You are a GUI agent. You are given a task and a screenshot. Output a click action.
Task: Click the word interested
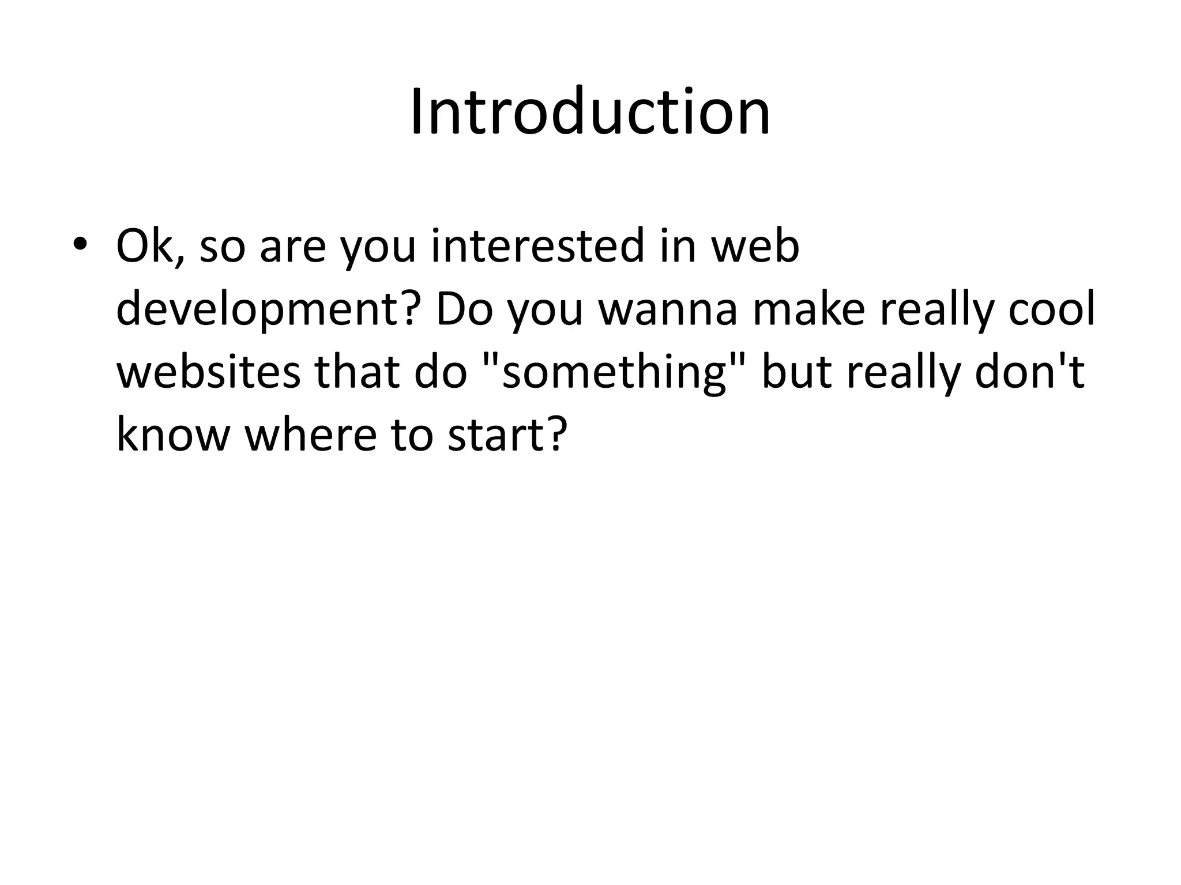pos(536,247)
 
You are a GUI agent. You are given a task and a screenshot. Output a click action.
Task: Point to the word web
pos(755,247)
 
